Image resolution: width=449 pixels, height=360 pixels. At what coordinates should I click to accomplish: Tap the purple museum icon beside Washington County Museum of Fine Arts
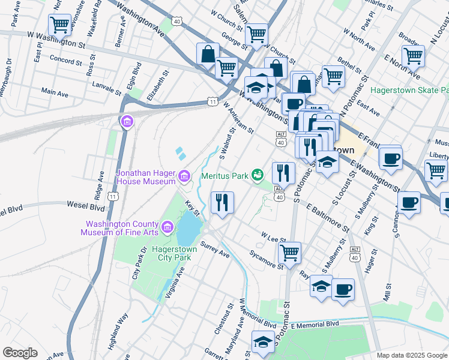tap(167, 227)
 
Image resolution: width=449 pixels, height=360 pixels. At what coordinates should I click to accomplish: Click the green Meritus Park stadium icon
tap(258, 175)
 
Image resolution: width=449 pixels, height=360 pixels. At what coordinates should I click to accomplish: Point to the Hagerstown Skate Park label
tap(409, 90)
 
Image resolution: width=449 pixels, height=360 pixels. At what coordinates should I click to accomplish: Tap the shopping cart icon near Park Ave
tap(59, 25)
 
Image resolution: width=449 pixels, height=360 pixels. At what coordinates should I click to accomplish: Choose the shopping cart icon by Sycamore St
tap(290, 251)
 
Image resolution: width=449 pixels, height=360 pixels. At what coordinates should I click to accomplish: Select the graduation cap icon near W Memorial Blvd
tap(263, 341)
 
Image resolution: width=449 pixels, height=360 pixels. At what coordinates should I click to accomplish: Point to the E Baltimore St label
tap(327, 217)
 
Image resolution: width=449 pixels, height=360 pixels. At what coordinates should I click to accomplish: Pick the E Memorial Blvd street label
tap(315, 323)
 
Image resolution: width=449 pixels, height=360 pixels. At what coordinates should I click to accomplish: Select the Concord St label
tap(66, 62)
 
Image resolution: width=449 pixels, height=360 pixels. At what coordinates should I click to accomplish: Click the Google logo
tap(20, 352)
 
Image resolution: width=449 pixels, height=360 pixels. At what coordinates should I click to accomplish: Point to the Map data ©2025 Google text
tap(411, 355)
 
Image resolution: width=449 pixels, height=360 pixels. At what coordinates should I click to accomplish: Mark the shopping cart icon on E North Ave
tap(413, 56)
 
